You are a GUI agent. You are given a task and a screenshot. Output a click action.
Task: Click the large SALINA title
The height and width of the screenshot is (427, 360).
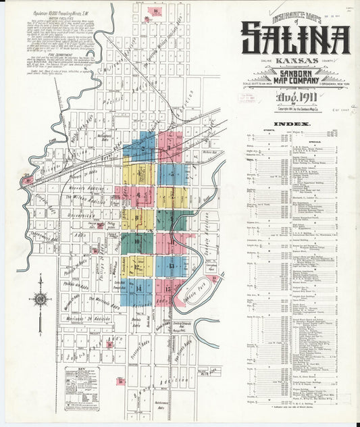point(295,39)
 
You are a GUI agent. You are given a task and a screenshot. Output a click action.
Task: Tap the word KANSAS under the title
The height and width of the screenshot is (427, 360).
point(295,62)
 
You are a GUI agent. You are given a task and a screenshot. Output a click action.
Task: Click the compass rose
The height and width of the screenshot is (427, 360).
point(40,298)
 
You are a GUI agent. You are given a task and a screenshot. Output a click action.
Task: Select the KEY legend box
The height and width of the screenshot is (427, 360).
point(82,382)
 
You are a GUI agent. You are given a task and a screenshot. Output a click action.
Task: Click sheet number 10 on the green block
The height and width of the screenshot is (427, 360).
point(137,241)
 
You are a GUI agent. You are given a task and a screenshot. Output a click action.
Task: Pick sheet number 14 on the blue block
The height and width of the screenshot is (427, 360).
point(138,288)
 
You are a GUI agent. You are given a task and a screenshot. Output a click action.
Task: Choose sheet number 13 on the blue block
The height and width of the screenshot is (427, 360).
point(172,266)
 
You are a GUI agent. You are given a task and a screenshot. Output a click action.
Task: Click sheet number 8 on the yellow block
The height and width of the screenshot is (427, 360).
point(138,218)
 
